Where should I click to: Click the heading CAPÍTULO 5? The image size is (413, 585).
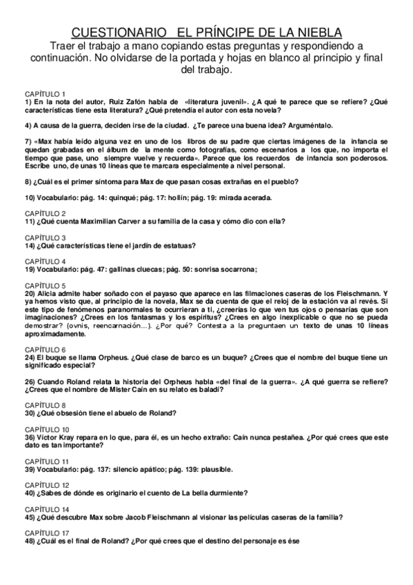46,285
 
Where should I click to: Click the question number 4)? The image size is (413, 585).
30,126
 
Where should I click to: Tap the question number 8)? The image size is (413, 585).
30,181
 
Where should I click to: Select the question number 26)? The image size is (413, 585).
32,382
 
